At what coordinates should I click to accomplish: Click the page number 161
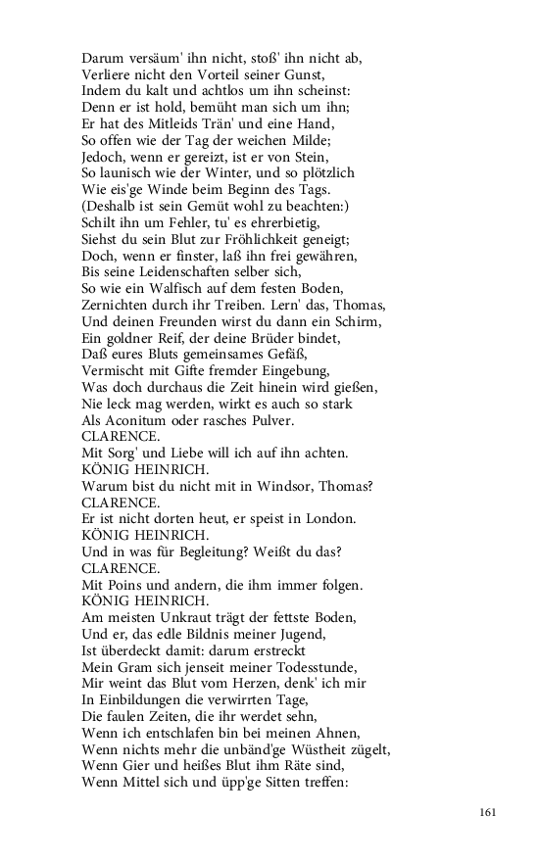point(490,812)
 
